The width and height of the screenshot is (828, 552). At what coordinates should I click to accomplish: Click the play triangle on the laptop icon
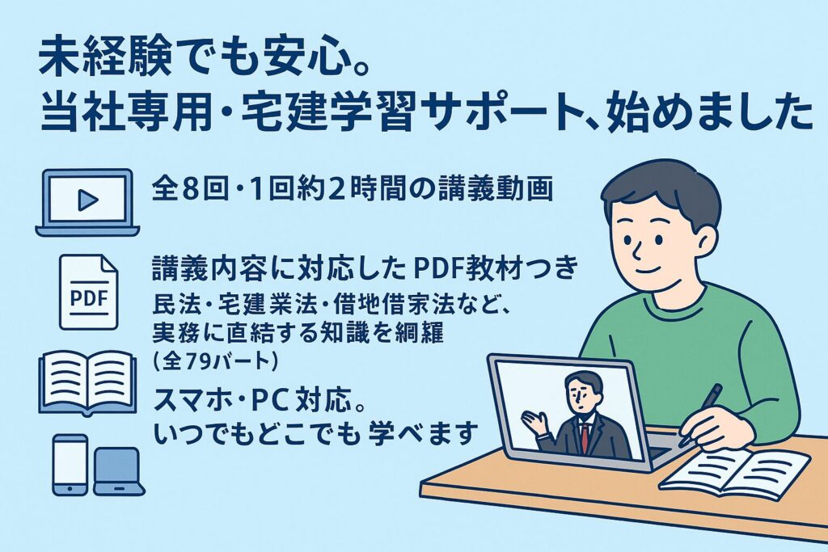pyautogui.click(x=87, y=200)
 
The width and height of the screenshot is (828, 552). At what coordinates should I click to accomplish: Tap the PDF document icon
pyautogui.click(x=88, y=292)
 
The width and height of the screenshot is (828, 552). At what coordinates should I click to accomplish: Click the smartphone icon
pyautogui.click(x=70, y=465)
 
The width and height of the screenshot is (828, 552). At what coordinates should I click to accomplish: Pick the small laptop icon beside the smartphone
pyautogui.click(x=119, y=471)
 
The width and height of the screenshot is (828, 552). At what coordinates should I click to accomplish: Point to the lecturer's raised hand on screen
pyautogui.click(x=535, y=423)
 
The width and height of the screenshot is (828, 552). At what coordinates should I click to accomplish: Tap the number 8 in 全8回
pyautogui.click(x=189, y=190)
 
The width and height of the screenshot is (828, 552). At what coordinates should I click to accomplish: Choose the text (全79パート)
pyautogui.click(x=215, y=361)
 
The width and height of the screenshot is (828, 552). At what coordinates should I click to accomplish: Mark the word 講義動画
pyautogui.click(x=496, y=190)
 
